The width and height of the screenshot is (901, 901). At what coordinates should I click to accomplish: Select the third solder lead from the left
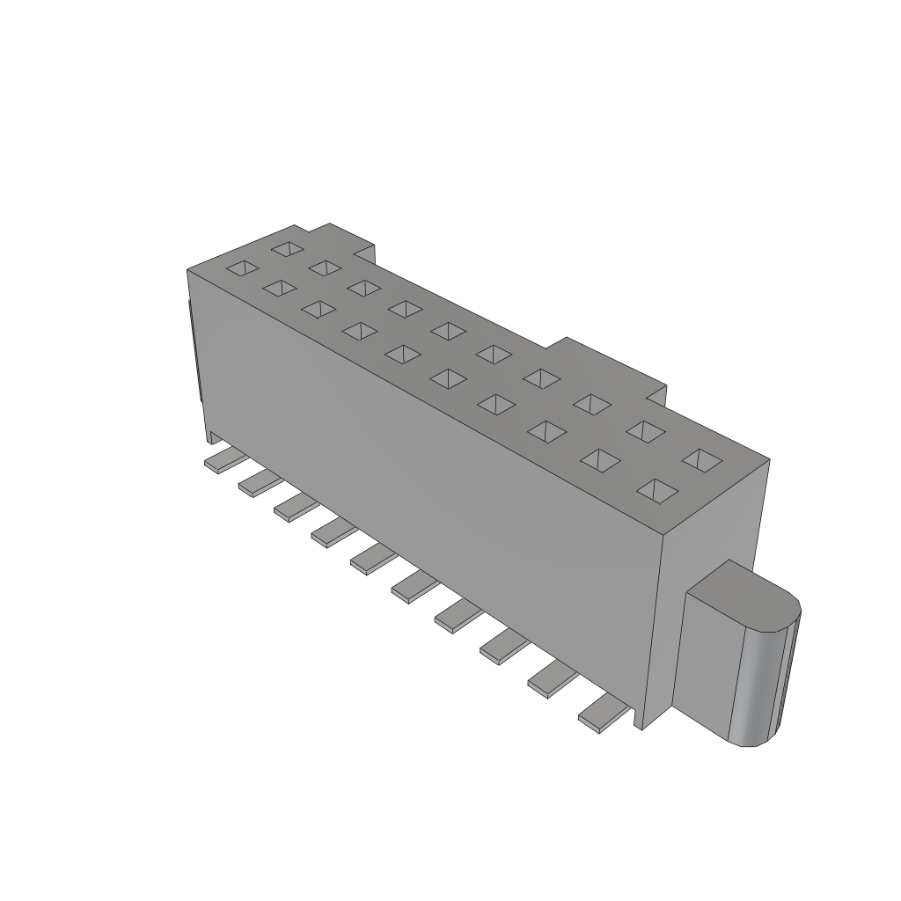(296, 507)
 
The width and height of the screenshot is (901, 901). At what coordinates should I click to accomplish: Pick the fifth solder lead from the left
(373, 558)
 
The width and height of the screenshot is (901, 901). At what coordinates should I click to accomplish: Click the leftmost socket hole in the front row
(243, 268)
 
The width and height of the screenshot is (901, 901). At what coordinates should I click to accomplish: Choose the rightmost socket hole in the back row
(702, 459)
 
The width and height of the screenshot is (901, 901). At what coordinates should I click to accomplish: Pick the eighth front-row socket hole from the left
(546, 430)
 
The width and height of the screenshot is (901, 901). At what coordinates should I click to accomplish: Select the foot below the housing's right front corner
(645, 716)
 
